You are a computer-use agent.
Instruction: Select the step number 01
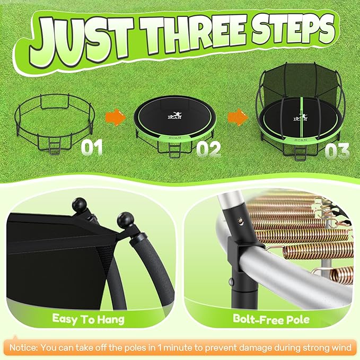92,147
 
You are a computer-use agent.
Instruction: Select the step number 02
208,148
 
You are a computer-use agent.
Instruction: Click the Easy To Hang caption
89,319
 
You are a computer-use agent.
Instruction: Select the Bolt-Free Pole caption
271,319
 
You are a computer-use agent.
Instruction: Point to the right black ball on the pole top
126,219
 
